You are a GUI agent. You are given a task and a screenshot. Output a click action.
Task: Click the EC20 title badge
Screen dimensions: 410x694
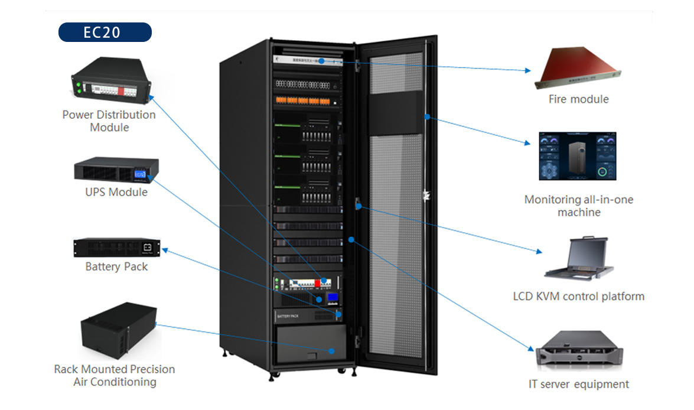[x=105, y=32]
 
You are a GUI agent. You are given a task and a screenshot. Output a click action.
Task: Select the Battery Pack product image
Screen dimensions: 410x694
[x=116, y=248]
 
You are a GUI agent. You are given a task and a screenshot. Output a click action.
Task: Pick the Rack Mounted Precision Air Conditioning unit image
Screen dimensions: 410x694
[x=118, y=330]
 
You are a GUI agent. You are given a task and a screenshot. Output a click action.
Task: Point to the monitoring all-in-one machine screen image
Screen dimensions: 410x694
[x=577, y=156]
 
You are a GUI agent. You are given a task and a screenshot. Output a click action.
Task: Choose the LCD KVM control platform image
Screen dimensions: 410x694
[x=579, y=259]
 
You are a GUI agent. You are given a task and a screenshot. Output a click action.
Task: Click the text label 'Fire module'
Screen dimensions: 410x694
[x=578, y=99]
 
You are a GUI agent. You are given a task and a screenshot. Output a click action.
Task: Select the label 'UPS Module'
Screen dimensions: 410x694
[x=116, y=192]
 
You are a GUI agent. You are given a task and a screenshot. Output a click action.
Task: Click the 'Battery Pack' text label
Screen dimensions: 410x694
[x=116, y=267]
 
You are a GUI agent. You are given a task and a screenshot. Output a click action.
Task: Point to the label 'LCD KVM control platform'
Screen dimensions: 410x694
[x=578, y=297]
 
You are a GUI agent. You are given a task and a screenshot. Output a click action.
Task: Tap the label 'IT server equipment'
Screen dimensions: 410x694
[x=578, y=385]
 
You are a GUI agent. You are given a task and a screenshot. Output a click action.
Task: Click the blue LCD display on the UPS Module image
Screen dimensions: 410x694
[x=140, y=174]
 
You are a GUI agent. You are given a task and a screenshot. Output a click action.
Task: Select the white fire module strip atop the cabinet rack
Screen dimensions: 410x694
[x=307, y=60]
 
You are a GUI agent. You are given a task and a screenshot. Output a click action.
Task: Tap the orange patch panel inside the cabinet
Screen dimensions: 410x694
[x=307, y=100]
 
